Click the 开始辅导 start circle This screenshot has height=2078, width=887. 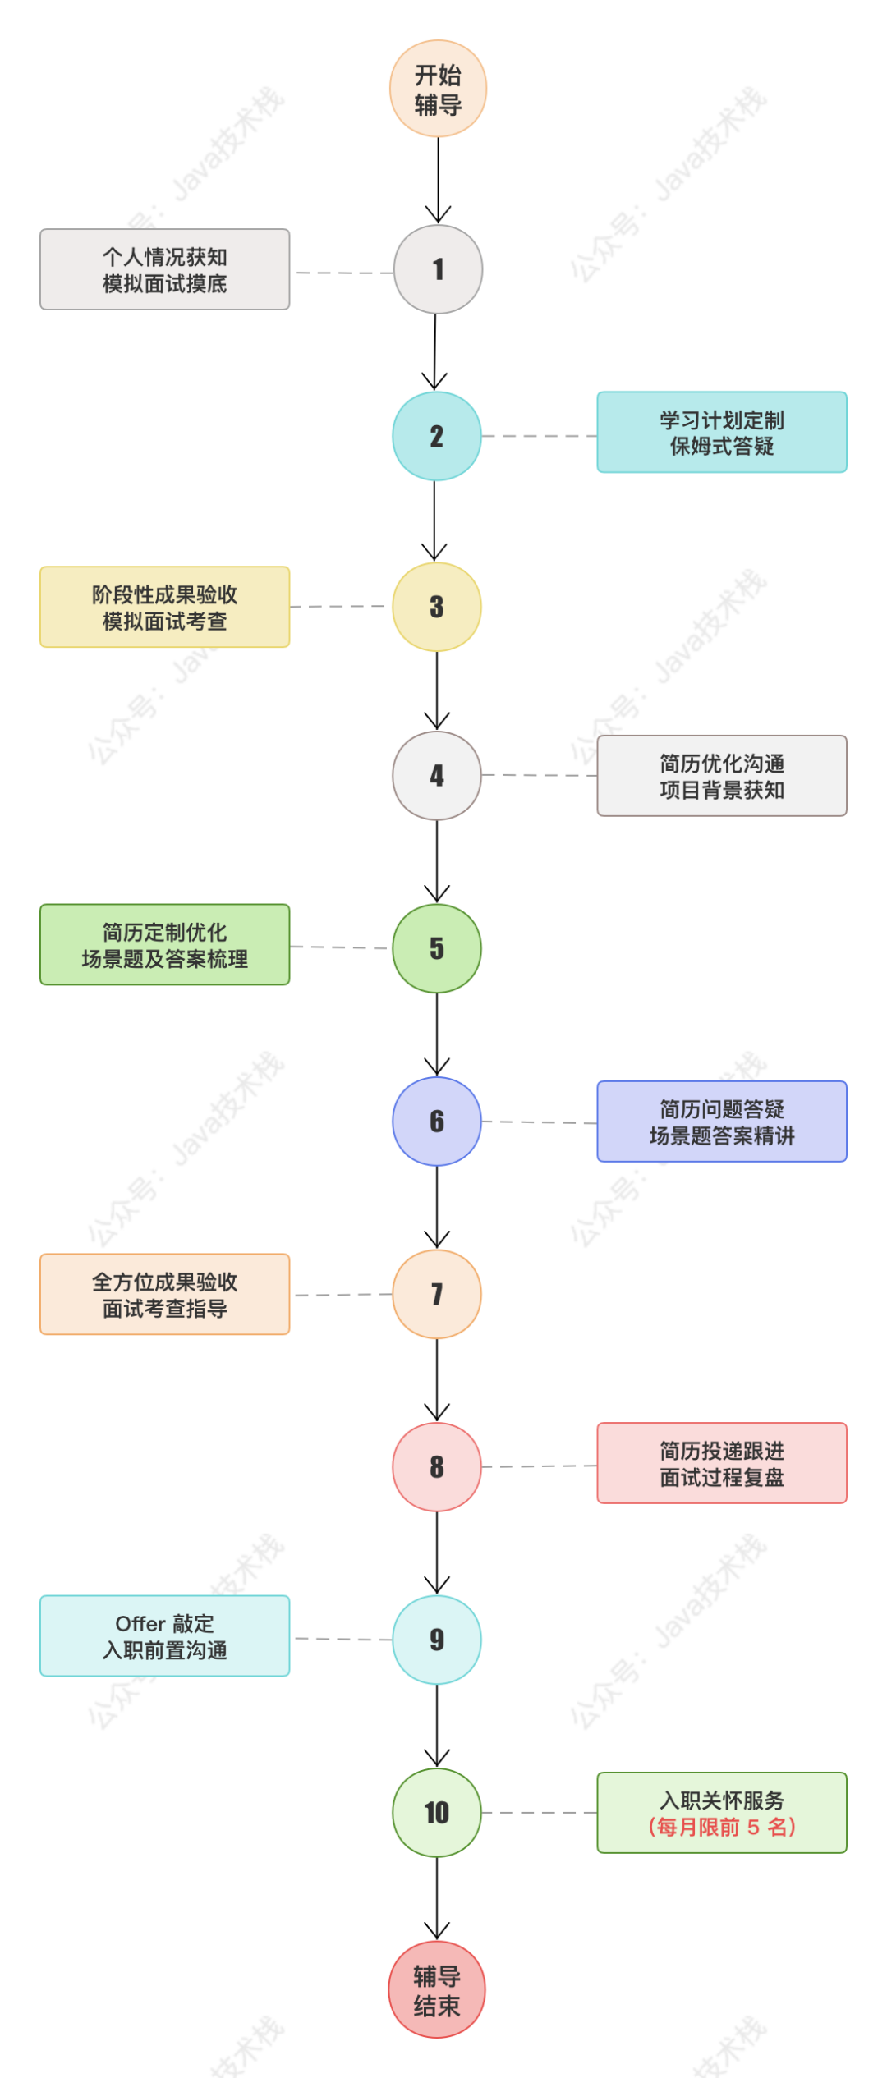point(438,89)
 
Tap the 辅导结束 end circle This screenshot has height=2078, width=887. point(437,1989)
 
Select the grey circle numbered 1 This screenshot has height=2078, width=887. point(438,269)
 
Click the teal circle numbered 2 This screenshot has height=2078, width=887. point(437,436)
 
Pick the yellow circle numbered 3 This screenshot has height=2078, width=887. point(437,607)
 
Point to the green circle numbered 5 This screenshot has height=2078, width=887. point(437,948)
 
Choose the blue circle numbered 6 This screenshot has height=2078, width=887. point(437,1122)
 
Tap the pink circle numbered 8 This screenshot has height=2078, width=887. point(437,1466)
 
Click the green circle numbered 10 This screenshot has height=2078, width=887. point(437,1812)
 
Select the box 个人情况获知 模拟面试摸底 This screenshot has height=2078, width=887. point(164,269)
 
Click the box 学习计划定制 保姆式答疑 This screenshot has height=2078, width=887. point(722,432)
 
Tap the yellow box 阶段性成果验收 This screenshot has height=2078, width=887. point(164,607)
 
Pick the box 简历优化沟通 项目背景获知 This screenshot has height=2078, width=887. point(722,776)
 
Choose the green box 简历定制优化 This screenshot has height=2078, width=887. point(164,945)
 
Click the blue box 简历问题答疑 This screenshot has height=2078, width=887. point(722,1122)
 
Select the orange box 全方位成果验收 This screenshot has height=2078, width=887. point(164,1295)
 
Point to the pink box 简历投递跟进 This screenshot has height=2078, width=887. point(722,1463)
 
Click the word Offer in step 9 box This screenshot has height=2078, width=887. point(140,1624)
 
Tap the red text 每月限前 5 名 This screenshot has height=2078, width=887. point(722,1827)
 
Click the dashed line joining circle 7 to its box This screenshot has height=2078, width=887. point(342,1296)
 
